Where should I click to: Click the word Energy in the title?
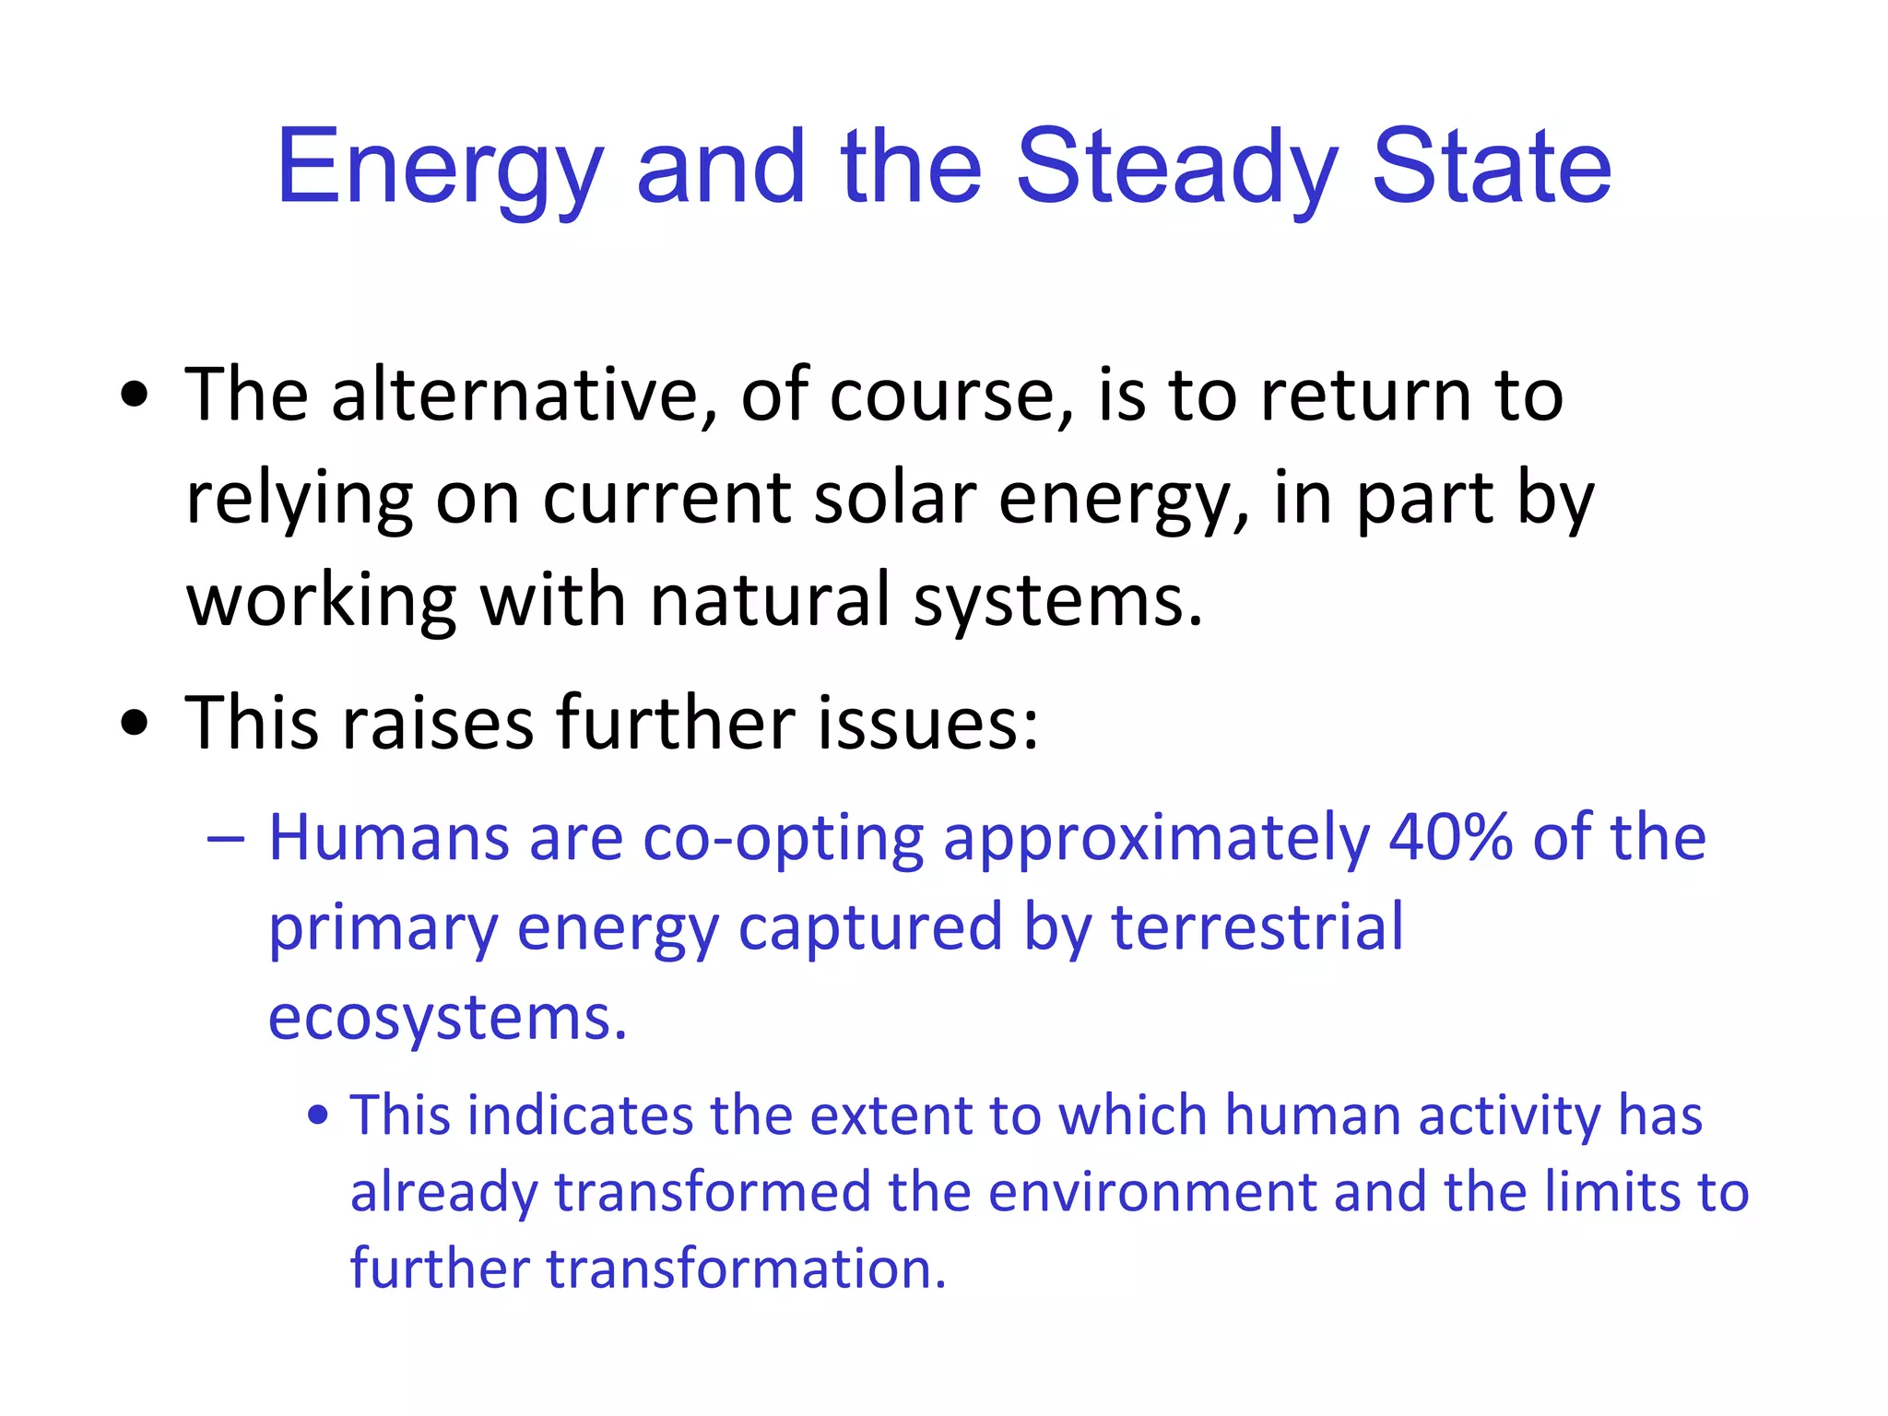coord(439,169)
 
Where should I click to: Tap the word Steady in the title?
coord(1175,169)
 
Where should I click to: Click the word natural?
coord(770,599)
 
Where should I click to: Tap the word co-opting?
coord(783,839)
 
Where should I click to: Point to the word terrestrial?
coord(1257,926)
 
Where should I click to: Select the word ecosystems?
coord(447,1017)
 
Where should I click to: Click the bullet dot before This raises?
coord(135,723)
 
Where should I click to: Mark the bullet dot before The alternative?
coord(135,395)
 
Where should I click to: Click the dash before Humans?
coord(226,839)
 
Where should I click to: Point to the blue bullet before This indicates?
coord(318,1116)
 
